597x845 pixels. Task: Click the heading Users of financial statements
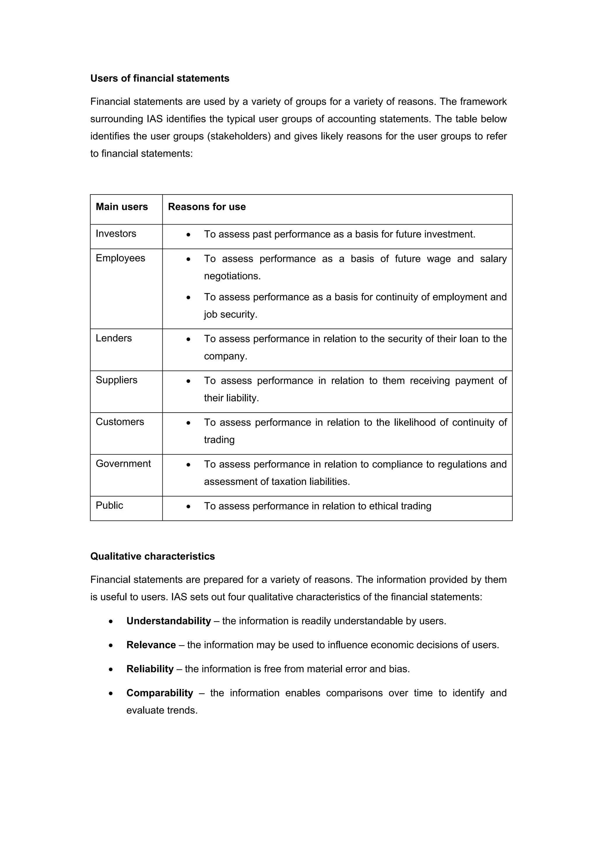160,78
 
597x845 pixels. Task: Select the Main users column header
122,207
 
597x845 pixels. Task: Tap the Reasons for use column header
207,207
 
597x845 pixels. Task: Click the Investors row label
116,234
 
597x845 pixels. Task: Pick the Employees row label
120,258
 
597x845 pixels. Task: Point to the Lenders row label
114,338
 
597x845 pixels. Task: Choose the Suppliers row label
116,380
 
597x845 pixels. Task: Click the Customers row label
120,422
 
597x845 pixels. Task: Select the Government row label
123,464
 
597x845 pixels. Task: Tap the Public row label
109,505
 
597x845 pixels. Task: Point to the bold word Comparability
160,693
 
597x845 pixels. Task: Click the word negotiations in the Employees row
232,276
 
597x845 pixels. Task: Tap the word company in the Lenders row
225,356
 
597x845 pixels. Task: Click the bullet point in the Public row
188,507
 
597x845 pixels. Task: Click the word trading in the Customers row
219,440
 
